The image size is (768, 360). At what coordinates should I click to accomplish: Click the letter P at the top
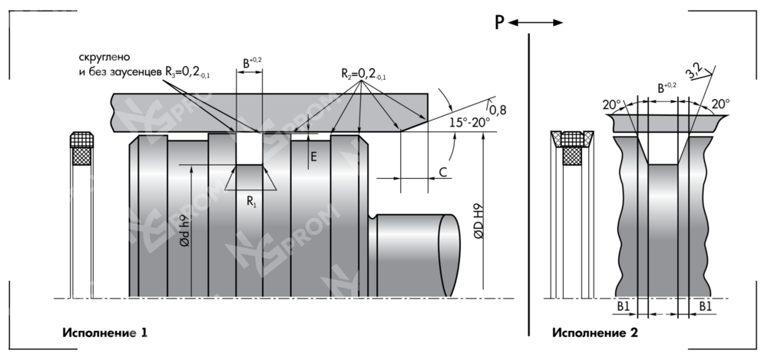[x=499, y=22]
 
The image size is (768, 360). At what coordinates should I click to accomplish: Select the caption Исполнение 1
[x=104, y=333]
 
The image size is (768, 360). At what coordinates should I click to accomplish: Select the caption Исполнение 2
[x=594, y=333]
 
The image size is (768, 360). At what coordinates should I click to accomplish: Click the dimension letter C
[x=444, y=173]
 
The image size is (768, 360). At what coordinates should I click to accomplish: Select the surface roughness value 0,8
[x=498, y=110]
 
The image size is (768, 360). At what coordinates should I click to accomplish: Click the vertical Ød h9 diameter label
[x=183, y=230]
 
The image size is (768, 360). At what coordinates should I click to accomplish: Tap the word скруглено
[x=104, y=58]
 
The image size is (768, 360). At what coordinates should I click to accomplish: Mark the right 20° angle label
[x=721, y=104]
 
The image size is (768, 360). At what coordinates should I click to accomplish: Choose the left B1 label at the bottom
[x=624, y=307]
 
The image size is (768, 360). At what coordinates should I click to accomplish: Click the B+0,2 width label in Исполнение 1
[x=250, y=61]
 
